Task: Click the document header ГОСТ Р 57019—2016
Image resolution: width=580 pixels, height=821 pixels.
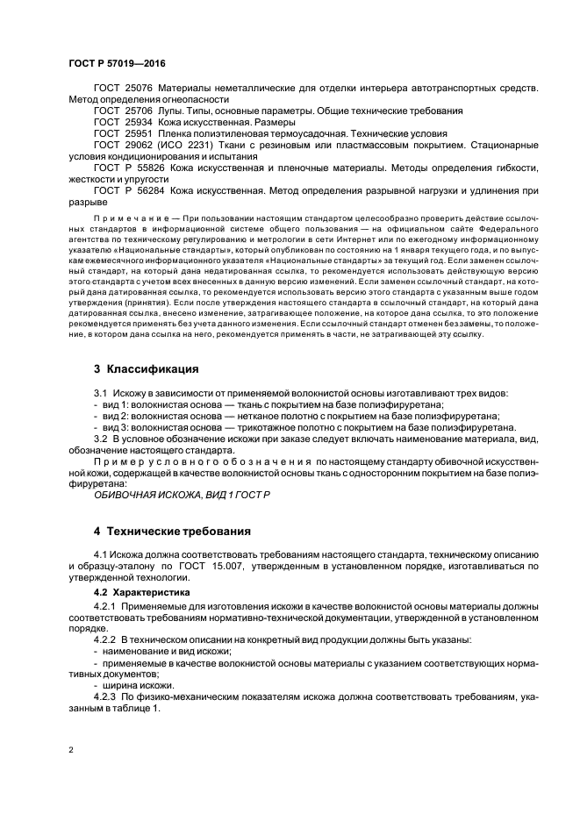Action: click(x=116, y=64)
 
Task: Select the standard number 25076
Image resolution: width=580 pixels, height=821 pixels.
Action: click(x=137, y=89)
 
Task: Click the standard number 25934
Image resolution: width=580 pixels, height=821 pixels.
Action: click(x=137, y=124)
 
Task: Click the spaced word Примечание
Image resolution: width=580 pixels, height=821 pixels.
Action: click(x=130, y=216)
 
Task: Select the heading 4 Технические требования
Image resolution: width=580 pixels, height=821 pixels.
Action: click(x=172, y=531)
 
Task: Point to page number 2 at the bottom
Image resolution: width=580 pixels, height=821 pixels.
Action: click(x=71, y=751)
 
